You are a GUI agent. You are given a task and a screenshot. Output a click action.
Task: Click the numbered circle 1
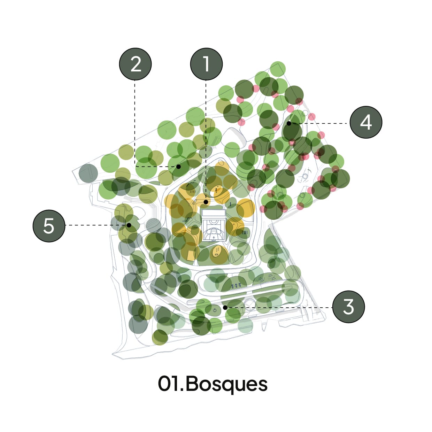tap(206, 64)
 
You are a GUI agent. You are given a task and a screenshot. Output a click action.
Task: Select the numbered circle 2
tap(135, 64)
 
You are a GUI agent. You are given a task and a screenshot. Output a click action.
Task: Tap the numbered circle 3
tap(348, 307)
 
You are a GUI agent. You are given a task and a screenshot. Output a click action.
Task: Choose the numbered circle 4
tap(366, 122)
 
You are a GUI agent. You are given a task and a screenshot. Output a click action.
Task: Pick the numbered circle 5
tap(49, 226)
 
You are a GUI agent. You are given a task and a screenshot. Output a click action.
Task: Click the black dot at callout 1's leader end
tap(206, 202)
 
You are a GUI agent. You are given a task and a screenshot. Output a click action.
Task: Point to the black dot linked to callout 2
tap(178, 167)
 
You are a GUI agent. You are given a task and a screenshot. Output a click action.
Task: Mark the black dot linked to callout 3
tap(225, 308)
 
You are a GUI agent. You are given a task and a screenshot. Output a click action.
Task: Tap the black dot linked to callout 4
tap(289, 123)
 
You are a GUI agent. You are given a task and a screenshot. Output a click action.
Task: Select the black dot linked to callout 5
tap(129, 225)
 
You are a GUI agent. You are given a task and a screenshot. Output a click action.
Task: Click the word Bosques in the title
tap(226, 385)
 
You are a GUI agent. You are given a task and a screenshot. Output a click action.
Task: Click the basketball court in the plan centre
tap(214, 229)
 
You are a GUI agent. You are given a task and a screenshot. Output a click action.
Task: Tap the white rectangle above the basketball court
tap(214, 213)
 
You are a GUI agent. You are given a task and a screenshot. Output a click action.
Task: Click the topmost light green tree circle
tap(278, 69)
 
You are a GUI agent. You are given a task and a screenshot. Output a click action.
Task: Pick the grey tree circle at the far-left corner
tap(88, 173)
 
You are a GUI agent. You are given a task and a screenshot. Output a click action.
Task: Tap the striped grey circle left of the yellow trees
tap(153, 225)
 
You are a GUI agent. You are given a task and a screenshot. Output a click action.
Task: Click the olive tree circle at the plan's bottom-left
tap(160, 337)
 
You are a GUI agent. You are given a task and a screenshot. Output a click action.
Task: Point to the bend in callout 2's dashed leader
tap(135, 167)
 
